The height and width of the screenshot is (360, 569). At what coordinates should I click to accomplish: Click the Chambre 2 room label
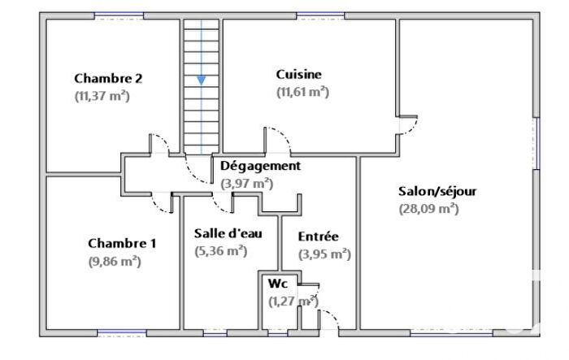coord(108,79)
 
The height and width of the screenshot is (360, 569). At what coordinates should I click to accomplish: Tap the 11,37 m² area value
coord(102,96)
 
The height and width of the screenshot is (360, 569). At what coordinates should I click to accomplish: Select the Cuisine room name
coord(298,75)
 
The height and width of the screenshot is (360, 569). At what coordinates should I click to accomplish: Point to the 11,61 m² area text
coord(302,92)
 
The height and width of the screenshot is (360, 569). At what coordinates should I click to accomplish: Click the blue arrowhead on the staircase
coord(200,80)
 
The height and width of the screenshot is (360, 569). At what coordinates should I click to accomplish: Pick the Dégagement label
coord(260,166)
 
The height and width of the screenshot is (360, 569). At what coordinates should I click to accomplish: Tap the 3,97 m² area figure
coord(247,184)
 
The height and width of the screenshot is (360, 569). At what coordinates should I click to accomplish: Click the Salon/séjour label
coord(437,192)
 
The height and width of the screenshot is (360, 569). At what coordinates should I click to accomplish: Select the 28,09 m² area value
coord(428,208)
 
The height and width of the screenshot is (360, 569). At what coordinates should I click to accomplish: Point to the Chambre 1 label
coord(122,243)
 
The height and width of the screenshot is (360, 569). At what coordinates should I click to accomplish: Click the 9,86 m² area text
coord(115,261)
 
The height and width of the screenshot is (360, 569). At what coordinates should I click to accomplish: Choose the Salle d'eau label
coord(228,233)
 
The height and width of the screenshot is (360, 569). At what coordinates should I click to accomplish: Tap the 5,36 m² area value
coord(221,251)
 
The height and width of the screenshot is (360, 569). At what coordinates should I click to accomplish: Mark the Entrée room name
coord(318,236)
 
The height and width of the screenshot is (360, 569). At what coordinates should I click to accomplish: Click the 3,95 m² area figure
coord(324,254)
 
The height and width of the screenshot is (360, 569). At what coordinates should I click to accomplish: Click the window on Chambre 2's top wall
coord(119,15)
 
